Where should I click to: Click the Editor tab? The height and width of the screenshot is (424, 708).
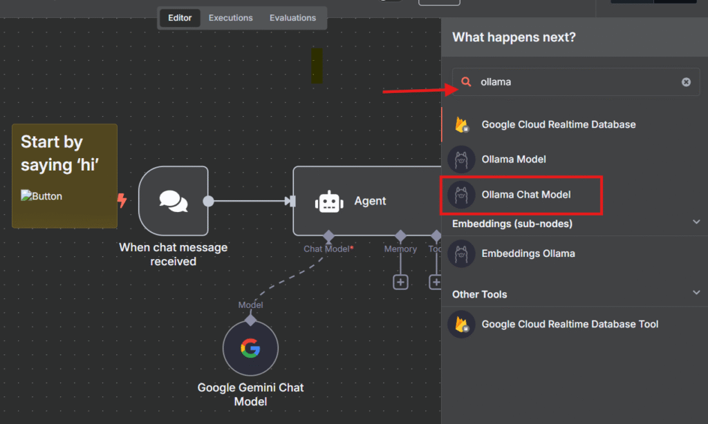[x=180, y=18]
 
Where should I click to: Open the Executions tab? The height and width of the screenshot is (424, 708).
[x=230, y=18]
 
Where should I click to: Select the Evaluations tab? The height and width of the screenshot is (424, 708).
[x=292, y=18]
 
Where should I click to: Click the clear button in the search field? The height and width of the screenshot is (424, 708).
[x=686, y=81]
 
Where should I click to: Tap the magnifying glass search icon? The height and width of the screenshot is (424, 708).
[x=466, y=81]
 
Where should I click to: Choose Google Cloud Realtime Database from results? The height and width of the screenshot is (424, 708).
[x=558, y=124]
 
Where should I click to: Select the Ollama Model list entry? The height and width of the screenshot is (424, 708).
[x=514, y=160]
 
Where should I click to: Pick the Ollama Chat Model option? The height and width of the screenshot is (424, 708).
[x=526, y=195]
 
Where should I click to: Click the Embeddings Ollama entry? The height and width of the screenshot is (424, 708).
[x=528, y=253]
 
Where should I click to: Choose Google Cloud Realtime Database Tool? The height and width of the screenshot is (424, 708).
[x=570, y=325]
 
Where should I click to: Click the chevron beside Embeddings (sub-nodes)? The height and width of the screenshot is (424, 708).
[x=696, y=222]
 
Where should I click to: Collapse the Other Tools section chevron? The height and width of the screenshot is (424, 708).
[x=696, y=292]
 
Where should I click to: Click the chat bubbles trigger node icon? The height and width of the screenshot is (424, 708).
[x=174, y=201]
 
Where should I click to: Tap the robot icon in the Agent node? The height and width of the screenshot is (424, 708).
[x=329, y=201]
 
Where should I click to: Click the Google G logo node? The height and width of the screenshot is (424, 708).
[x=250, y=348]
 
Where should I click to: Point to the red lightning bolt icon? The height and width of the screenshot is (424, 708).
[x=122, y=200]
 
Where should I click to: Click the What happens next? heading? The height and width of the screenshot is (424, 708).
[x=514, y=37]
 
